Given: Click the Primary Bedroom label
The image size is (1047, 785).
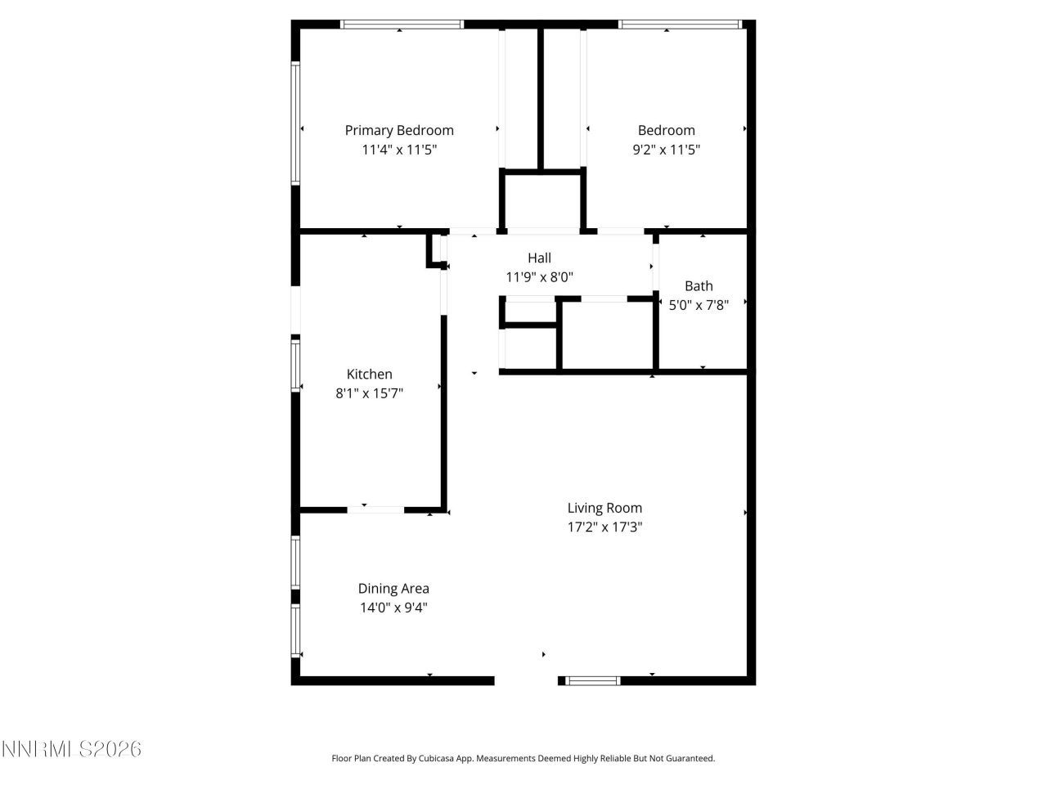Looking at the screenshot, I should pyautogui.click(x=399, y=130).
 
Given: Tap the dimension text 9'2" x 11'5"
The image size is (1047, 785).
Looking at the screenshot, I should pyautogui.click(x=667, y=150).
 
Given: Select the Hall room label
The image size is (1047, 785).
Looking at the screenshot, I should pyautogui.click(x=539, y=258).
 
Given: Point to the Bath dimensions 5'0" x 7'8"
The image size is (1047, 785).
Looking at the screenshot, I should pyautogui.click(x=699, y=305).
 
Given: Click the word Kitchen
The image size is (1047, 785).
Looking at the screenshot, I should pyautogui.click(x=370, y=374).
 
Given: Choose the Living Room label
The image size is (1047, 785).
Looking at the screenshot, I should pyautogui.click(x=604, y=508).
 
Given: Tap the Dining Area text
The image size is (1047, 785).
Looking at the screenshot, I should pyautogui.click(x=393, y=588).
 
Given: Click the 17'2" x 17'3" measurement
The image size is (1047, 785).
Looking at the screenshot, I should pyautogui.click(x=604, y=527).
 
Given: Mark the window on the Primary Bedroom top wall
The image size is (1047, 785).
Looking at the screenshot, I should pyautogui.click(x=402, y=25).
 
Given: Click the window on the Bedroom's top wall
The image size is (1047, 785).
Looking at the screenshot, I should pyautogui.click(x=681, y=25).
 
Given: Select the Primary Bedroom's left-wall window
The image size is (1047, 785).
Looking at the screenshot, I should pyautogui.click(x=296, y=123).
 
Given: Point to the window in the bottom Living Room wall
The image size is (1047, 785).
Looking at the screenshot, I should pyautogui.click(x=594, y=680).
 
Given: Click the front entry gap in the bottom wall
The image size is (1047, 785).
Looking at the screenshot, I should pyautogui.click(x=526, y=680).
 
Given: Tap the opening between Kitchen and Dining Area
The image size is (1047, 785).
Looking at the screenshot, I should pyautogui.click(x=375, y=510).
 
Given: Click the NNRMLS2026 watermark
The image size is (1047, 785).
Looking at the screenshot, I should pyautogui.click(x=72, y=749).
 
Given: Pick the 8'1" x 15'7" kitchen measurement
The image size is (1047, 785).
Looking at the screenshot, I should pyautogui.click(x=370, y=393).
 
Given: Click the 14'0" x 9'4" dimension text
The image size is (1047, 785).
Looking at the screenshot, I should pyautogui.click(x=393, y=608).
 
